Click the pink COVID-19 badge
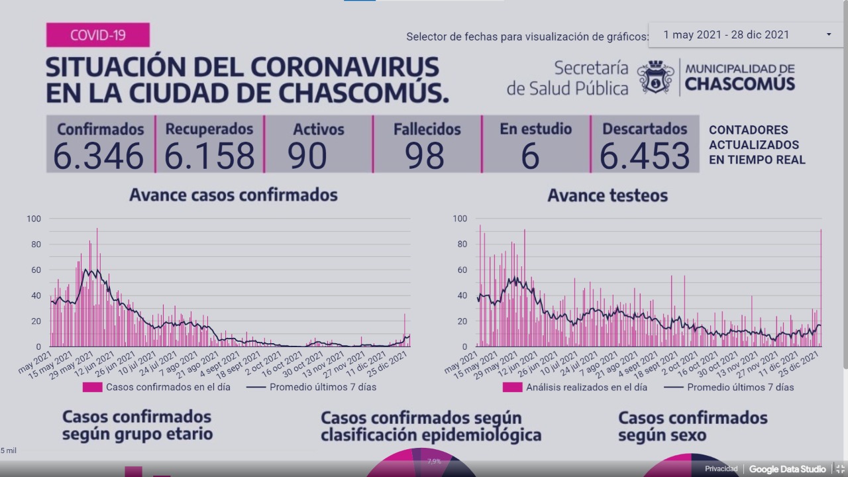(97, 34)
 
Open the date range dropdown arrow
(828, 34)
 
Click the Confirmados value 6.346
(99, 156)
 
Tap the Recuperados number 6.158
(209, 156)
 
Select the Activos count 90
(307, 156)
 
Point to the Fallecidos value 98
(424, 156)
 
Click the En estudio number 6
(530, 156)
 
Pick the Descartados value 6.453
(645, 156)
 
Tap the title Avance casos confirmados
(233, 195)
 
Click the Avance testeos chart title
(608, 195)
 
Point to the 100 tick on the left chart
(34, 219)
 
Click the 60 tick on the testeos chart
(462, 270)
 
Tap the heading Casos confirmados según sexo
(692, 427)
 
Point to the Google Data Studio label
(787, 469)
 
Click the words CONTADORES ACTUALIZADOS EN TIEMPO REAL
(757, 144)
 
